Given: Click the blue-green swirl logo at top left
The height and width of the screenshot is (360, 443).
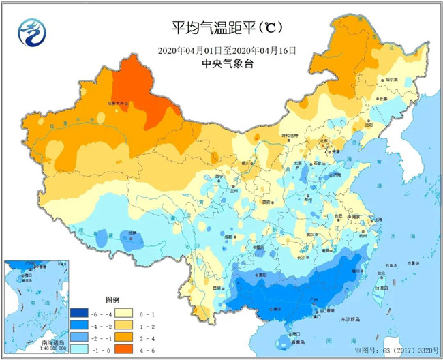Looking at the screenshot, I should click(31, 31).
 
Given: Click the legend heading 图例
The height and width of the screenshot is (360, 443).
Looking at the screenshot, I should click(112, 299).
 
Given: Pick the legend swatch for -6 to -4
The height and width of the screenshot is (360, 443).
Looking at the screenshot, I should click(79, 314).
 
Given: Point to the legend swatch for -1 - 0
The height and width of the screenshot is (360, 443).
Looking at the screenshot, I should click(79, 347).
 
